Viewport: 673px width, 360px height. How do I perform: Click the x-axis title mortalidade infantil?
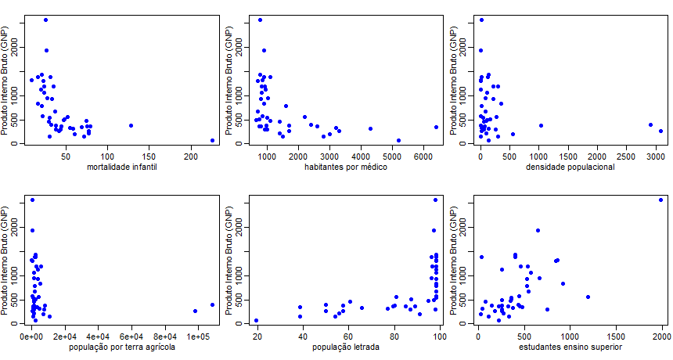[x=122, y=167]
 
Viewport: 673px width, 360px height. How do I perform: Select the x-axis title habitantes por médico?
[x=346, y=167]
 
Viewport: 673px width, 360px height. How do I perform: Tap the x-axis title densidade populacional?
[x=570, y=167]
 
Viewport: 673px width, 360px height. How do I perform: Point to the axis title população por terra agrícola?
[x=122, y=347]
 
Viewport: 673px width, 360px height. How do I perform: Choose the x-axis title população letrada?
[x=346, y=347]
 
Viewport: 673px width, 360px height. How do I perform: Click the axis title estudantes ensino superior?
[x=570, y=347]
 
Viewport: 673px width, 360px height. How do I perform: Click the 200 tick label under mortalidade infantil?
[x=191, y=157]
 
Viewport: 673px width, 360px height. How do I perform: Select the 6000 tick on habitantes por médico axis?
[x=423, y=157]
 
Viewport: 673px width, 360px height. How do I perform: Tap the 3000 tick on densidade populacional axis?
[x=656, y=157]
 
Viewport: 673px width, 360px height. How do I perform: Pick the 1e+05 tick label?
[x=198, y=337]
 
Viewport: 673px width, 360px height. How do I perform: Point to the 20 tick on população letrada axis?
[x=257, y=337]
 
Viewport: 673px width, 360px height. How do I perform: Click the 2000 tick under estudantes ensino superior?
[x=662, y=337]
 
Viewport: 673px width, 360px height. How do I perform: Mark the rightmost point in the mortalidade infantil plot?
[x=212, y=140]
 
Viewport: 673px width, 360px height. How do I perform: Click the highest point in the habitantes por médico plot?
[x=260, y=20]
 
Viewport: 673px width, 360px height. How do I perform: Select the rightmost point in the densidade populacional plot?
[x=661, y=131]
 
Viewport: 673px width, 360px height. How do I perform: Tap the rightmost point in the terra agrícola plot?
[x=212, y=304]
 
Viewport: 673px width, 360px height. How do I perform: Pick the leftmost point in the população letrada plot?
[x=256, y=321]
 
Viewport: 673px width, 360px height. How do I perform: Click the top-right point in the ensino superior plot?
[x=661, y=200]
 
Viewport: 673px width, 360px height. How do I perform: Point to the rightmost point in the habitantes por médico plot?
[x=436, y=127]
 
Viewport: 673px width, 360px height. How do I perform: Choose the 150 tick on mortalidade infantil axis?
[x=149, y=157]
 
